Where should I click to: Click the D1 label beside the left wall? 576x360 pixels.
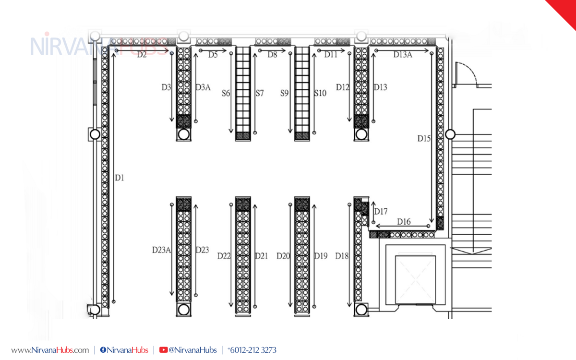(x=120, y=178)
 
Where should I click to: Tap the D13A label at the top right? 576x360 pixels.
(x=403, y=55)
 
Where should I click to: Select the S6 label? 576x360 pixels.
(x=226, y=93)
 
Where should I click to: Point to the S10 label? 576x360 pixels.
(x=320, y=93)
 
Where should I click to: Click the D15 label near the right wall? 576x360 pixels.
(x=424, y=139)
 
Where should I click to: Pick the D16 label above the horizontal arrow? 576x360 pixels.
(x=404, y=221)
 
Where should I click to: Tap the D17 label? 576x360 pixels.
(x=381, y=212)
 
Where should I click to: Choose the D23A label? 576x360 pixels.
(x=161, y=250)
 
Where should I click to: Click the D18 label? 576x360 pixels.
(x=342, y=256)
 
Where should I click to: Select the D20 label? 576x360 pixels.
(x=283, y=256)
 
